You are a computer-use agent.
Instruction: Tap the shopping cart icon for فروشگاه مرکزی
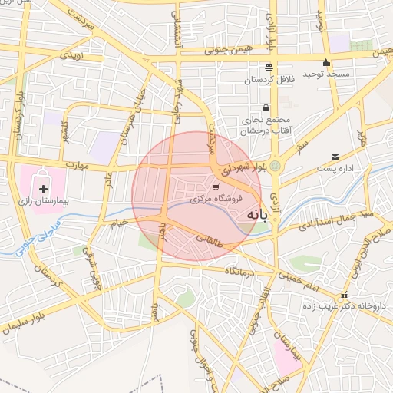coord(216,187)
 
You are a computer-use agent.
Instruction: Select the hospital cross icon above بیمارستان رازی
coord(42,188)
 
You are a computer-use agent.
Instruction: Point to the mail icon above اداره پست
coord(334,157)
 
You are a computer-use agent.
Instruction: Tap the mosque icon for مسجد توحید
coord(326,64)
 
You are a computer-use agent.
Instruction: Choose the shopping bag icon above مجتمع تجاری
coord(266,108)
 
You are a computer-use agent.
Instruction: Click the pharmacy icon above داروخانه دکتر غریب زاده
coord(344,296)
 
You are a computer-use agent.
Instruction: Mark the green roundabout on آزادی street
coord(275,164)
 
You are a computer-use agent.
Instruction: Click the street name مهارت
coord(78,164)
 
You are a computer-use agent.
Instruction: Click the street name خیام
coord(119,223)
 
